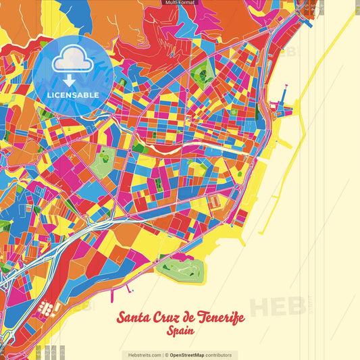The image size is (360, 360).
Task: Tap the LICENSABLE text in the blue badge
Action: tap(74, 95)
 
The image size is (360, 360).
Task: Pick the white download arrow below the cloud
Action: tap(69, 78)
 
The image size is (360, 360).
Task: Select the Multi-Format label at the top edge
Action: tap(180, 3)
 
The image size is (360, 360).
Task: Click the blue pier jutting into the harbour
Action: tap(278, 107)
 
